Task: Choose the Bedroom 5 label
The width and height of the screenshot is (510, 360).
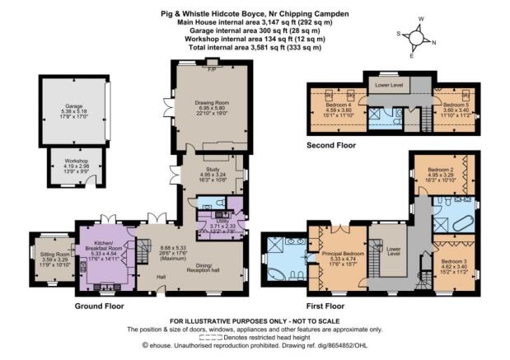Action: (x=456, y=106)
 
